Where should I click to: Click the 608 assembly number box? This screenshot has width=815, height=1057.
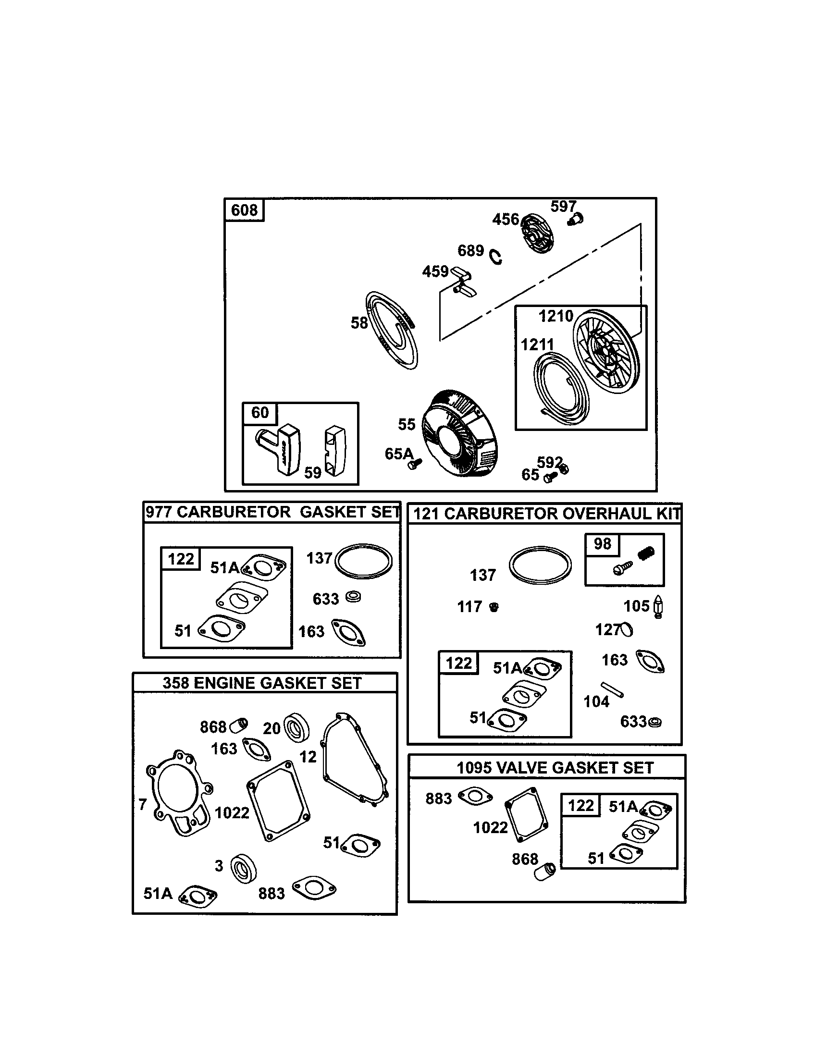(x=245, y=210)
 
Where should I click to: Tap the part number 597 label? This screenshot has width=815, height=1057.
(x=563, y=207)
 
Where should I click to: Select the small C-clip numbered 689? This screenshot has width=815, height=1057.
(x=495, y=257)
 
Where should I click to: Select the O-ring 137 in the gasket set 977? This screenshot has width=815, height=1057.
(x=363, y=561)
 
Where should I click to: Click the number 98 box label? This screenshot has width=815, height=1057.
(x=602, y=544)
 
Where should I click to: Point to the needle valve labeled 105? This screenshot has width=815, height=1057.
(x=659, y=606)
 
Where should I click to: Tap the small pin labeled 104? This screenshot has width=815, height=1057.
(x=612, y=689)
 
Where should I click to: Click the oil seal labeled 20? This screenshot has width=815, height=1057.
(x=296, y=727)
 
